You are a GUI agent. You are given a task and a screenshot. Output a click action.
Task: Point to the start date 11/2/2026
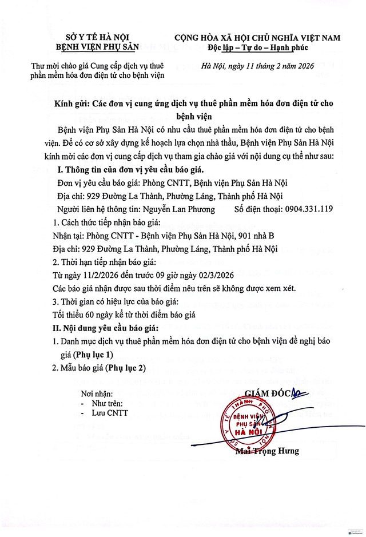pos(93,275)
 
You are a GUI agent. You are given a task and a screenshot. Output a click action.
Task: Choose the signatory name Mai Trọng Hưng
pos(267,451)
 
